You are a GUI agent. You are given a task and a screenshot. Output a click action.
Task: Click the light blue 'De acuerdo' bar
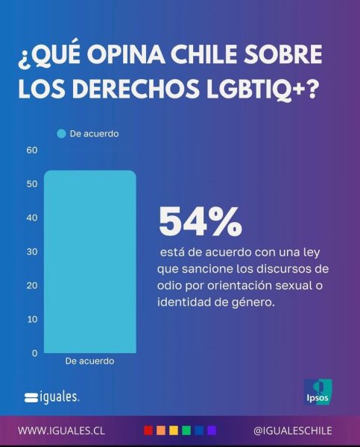click(x=90, y=261)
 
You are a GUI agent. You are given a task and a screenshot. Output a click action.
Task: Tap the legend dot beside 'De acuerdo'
click(x=61, y=133)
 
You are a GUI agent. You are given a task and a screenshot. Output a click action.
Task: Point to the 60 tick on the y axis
click(x=32, y=150)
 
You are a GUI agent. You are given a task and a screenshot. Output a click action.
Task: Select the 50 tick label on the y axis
click(x=32, y=184)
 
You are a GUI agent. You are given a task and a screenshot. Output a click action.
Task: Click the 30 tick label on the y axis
click(x=32, y=252)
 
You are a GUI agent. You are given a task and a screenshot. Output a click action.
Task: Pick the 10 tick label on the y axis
click(x=32, y=320)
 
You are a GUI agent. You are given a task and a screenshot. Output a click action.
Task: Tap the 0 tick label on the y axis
click(x=35, y=353)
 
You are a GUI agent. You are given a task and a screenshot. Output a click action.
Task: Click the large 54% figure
click(x=200, y=221)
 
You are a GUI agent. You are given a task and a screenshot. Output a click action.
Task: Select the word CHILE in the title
click(x=204, y=54)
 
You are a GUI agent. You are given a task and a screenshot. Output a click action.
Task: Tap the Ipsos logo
click(x=318, y=392)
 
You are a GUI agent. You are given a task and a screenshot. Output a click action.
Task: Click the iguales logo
click(x=52, y=397)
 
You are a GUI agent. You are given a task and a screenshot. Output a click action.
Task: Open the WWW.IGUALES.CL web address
click(x=61, y=431)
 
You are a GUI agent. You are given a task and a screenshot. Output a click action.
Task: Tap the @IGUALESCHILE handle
click(x=292, y=431)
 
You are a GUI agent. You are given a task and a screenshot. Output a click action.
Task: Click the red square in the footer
click(x=148, y=431)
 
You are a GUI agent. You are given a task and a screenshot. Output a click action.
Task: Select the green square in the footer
click(x=186, y=431)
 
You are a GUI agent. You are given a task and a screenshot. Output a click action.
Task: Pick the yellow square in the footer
click(x=174, y=431)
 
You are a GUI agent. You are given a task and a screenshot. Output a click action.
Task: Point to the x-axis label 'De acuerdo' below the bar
click(x=90, y=361)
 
